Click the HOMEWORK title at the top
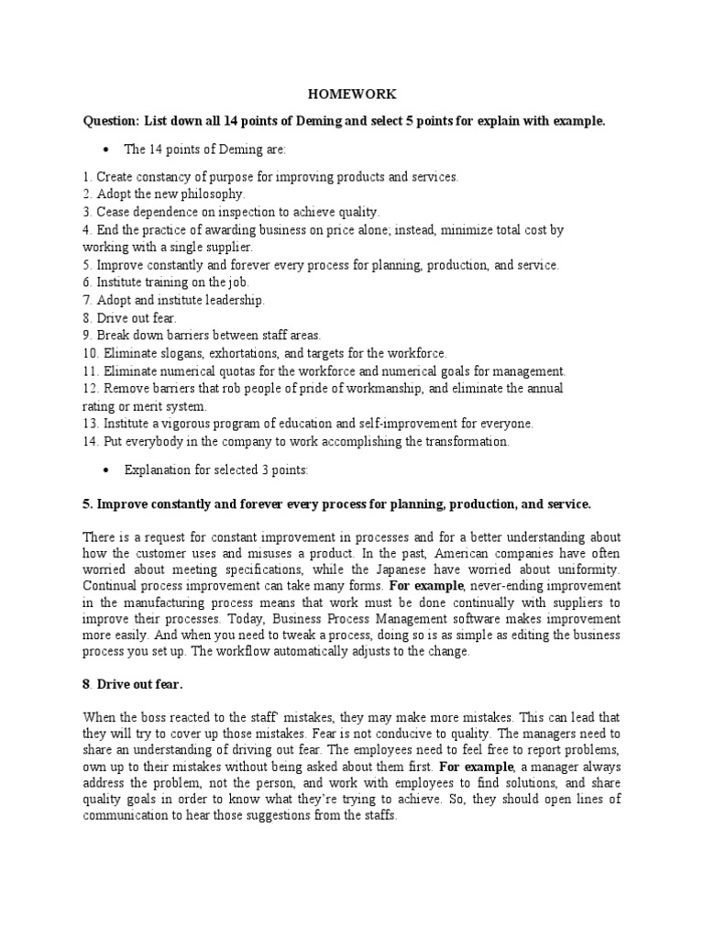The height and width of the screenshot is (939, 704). tap(352, 94)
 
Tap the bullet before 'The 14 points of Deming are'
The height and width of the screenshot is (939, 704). tap(108, 149)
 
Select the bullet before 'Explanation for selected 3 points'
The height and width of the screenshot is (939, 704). tap(108, 469)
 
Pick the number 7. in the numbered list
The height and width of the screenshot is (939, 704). tap(88, 301)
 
